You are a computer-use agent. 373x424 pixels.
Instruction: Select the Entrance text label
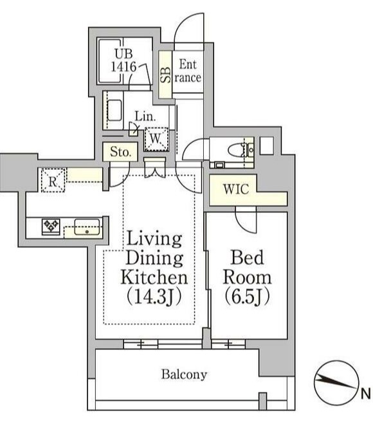(x=188, y=71)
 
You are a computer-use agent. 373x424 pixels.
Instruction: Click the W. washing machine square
(x=156, y=138)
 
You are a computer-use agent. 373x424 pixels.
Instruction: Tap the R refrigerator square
(x=51, y=180)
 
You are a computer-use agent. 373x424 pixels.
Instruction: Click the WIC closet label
(x=235, y=190)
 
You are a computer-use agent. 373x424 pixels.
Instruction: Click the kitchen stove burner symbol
(x=51, y=226)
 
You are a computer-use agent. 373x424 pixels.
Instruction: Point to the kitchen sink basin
(x=86, y=226)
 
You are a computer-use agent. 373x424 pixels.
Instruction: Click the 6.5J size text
(x=247, y=297)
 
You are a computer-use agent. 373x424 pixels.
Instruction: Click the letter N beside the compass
(x=365, y=393)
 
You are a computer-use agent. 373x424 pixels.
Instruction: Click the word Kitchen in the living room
(x=154, y=278)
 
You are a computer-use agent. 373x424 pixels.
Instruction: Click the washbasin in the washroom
(x=115, y=110)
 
